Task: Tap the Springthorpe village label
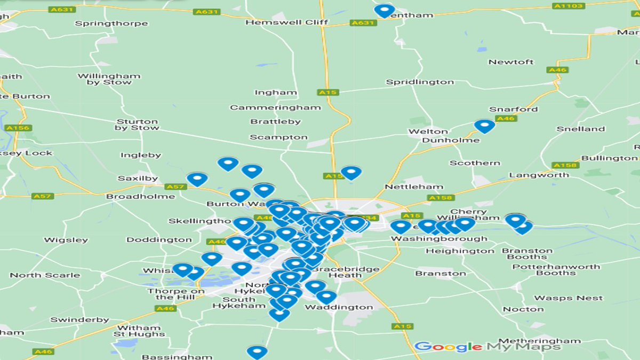111,23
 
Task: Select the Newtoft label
510,62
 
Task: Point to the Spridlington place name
420,82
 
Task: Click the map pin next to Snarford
484,126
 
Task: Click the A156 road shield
19,128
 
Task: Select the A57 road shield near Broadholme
43,196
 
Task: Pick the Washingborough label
439,239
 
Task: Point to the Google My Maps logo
487,347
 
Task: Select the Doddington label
159,240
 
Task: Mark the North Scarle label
45,275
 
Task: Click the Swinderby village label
79,320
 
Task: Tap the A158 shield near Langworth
565,165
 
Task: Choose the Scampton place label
279,137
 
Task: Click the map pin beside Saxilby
197,179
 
